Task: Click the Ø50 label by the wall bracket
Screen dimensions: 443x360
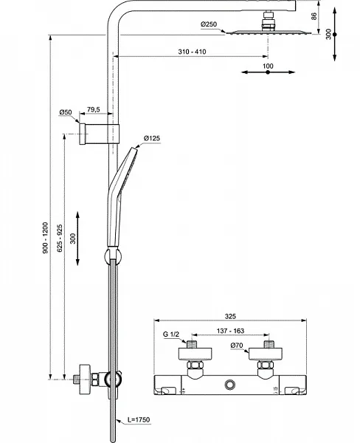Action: tap(66, 112)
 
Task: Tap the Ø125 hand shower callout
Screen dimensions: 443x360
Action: tap(153, 138)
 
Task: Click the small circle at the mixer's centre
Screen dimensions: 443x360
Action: tap(232, 385)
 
